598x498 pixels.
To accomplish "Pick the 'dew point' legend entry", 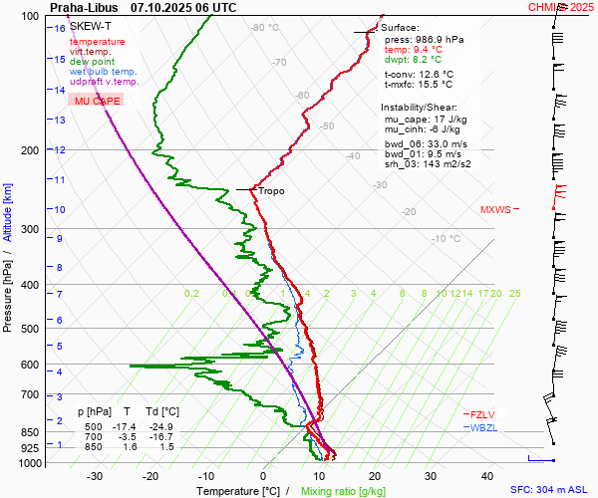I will [92, 62].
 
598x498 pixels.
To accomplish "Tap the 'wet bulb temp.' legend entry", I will [104, 72].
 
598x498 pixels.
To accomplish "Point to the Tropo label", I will [271, 190].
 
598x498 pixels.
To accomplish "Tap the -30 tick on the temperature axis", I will [96, 476].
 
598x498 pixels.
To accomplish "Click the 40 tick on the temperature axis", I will [487, 476].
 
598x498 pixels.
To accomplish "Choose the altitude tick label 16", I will [60, 28].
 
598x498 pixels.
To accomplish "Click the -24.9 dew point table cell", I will [163, 426].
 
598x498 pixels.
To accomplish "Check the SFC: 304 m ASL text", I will [549, 490].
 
